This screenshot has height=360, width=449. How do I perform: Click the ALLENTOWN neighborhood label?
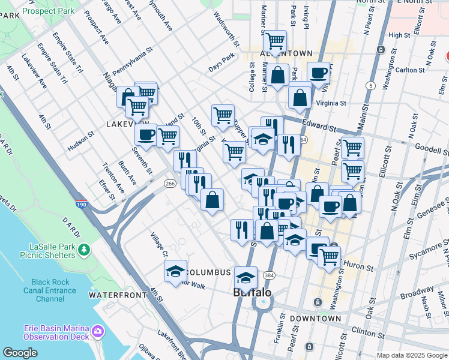pos(286,53)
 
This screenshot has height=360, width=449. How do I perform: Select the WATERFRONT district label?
pos(118,295)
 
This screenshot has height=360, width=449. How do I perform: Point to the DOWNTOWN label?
pos(315,319)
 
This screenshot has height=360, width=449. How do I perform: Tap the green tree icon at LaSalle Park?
pos(85,248)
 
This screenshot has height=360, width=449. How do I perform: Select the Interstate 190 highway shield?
pos(80,205)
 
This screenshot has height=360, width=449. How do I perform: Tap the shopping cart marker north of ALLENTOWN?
pos(275,41)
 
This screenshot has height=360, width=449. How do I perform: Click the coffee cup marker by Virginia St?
pos(319,73)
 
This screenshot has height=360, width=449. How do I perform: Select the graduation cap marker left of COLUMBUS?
pos(175,271)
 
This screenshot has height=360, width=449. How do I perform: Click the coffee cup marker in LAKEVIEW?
pos(146,134)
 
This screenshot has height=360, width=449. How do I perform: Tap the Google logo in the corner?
pos(20,353)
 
